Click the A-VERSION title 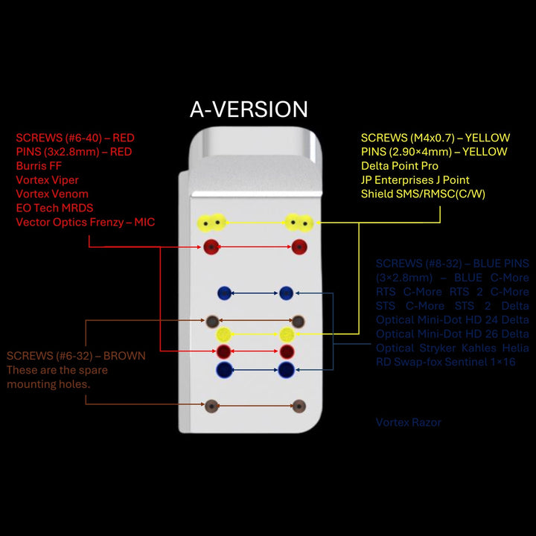(x=249, y=109)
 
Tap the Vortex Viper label (x=47, y=180)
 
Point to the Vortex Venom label (x=51, y=194)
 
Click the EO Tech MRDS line (x=54, y=208)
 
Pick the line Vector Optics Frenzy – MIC (x=85, y=222)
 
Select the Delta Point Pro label (x=400, y=166)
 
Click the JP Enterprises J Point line (x=415, y=180)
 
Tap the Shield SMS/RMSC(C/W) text (x=421, y=194)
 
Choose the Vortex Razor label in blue (x=409, y=422)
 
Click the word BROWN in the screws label (x=126, y=356)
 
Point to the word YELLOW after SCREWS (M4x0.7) (x=485, y=138)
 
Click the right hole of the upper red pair (x=299, y=247)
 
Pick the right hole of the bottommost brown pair (x=299, y=406)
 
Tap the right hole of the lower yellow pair (x=287, y=334)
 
